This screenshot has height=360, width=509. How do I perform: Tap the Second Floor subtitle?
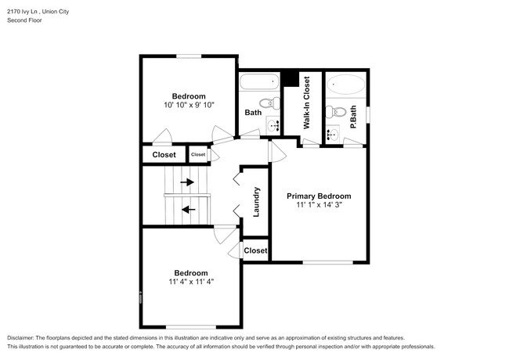click(24, 20)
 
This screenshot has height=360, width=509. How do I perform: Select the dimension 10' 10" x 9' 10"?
click(189, 105)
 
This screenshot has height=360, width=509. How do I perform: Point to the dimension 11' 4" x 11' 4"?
click(190, 282)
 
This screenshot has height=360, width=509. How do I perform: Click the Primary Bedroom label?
click(319, 196)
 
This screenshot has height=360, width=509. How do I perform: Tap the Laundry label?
click(256, 201)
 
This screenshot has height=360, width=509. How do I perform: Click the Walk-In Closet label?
click(306, 103)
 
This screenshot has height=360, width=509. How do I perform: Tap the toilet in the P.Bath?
click(334, 112)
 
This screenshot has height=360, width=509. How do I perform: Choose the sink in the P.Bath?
click(332, 134)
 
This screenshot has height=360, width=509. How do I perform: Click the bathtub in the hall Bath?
click(258, 81)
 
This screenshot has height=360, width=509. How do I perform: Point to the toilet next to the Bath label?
click(268, 103)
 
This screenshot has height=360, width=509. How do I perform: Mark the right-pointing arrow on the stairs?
click(187, 182)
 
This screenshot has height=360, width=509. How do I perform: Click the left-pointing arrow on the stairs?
click(187, 209)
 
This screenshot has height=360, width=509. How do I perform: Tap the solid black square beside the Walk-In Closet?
click(289, 78)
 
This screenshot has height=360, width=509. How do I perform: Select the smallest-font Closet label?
click(197, 155)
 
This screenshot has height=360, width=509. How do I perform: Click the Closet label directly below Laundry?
click(256, 250)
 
